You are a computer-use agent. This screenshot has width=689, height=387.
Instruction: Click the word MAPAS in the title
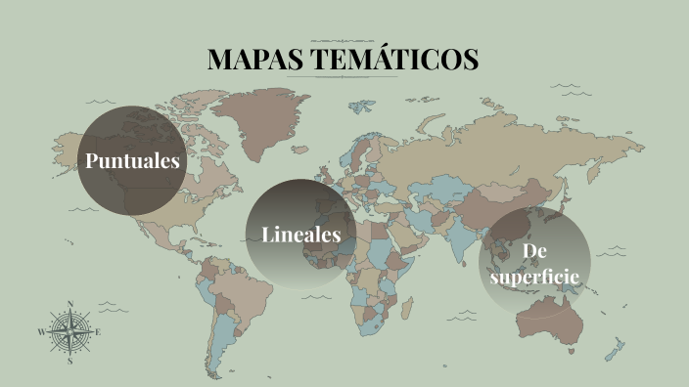point(254,59)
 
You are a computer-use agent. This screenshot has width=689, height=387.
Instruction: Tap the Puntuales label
point(132,160)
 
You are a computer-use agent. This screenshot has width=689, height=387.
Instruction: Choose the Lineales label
point(300,235)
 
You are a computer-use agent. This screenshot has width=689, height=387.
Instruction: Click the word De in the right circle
point(533,251)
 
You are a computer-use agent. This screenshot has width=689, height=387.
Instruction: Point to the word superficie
point(534,277)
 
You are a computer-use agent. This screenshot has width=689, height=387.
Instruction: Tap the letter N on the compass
point(70,304)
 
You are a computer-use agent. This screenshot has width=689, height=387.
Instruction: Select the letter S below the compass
point(70,361)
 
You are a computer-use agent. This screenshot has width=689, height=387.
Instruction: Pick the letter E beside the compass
point(99,332)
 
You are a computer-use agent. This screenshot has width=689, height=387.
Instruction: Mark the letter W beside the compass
point(41,332)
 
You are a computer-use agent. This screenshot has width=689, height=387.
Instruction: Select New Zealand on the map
point(617,347)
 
